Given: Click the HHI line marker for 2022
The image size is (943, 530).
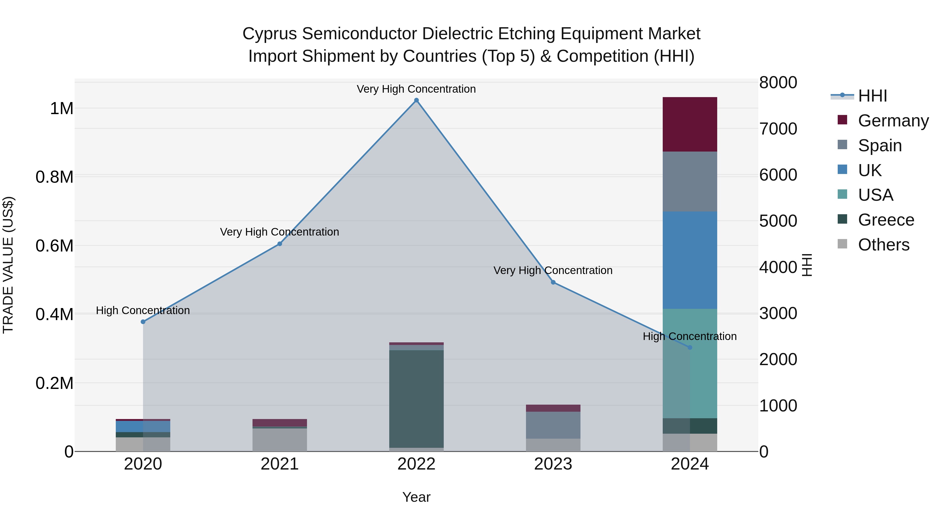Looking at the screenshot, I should coord(416,100).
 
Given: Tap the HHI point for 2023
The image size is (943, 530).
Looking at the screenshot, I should coord(553,282).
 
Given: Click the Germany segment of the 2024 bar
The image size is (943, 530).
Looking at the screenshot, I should coord(690,124).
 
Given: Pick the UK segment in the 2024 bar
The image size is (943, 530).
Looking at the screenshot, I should coord(690,260).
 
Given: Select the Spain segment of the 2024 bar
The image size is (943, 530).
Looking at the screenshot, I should coord(690,181).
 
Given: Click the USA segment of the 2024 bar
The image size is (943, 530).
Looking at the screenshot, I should coord(690,363).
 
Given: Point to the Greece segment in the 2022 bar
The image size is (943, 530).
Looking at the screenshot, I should coord(416,399).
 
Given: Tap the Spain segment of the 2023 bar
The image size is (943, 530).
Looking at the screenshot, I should coord(553,425).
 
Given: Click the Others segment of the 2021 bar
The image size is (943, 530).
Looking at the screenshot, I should coord(280,440).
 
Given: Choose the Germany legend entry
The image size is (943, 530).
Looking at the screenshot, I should coord(893,121).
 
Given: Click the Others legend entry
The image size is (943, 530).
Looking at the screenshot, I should coord(883,245).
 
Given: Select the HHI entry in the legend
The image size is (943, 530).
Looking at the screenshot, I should coord(872,96).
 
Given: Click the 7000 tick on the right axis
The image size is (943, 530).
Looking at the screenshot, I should coord(778,129).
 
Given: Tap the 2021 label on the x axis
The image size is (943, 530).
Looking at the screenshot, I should coord(280,464).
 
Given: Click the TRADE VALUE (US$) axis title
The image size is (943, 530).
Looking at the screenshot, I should coord(8,265).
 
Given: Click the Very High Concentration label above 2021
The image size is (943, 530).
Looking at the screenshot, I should coord(280,232).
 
